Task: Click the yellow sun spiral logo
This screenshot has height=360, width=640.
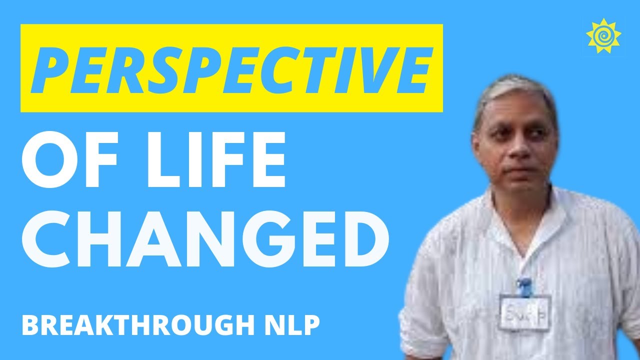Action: tap(603, 36)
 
